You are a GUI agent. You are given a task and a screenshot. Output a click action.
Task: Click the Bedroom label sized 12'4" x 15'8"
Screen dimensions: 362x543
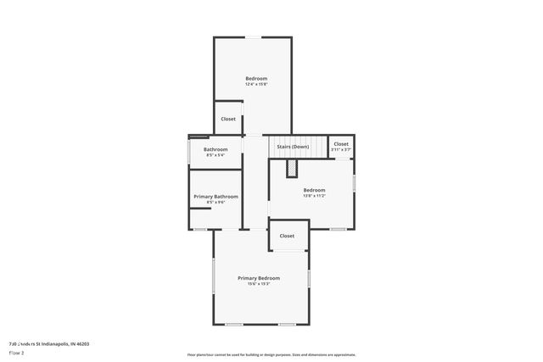(256, 79)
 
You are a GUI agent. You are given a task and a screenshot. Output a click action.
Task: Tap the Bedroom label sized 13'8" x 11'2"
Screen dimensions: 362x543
(314, 190)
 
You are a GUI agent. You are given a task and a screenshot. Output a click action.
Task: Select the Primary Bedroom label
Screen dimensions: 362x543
(258, 278)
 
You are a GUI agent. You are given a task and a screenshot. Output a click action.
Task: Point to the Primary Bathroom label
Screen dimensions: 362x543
(216, 197)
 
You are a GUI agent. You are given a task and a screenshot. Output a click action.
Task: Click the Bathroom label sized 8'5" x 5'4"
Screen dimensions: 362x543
(216, 149)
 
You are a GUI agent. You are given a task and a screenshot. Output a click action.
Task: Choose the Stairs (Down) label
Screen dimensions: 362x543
(293, 147)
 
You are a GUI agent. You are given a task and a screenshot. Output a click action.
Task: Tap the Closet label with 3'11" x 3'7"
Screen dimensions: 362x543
(340, 144)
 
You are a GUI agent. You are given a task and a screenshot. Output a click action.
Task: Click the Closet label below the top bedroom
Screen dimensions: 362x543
(228, 119)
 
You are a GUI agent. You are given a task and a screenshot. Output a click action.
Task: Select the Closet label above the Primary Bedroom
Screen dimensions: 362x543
(287, 236)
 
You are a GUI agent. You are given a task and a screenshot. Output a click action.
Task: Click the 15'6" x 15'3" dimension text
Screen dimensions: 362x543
(258, 284)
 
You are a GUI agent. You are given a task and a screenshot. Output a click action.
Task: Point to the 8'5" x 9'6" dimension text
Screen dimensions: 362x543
(216, 202)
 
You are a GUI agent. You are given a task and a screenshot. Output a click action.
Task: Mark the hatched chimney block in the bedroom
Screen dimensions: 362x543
(291, 170)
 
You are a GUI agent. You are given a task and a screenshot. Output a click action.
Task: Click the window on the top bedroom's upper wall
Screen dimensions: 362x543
(253, 36)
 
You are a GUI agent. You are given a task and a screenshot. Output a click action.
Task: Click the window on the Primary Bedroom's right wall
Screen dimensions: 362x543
(310, 277)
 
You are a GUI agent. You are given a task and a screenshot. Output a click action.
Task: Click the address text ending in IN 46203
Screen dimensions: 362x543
(48, 343)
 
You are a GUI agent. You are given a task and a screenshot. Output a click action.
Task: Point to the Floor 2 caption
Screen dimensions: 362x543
(17, 352)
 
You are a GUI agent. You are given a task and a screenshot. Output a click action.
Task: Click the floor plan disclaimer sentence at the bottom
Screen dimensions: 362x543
(271, 354)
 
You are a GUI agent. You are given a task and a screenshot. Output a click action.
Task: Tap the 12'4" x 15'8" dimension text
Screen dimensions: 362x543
(256, 84)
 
